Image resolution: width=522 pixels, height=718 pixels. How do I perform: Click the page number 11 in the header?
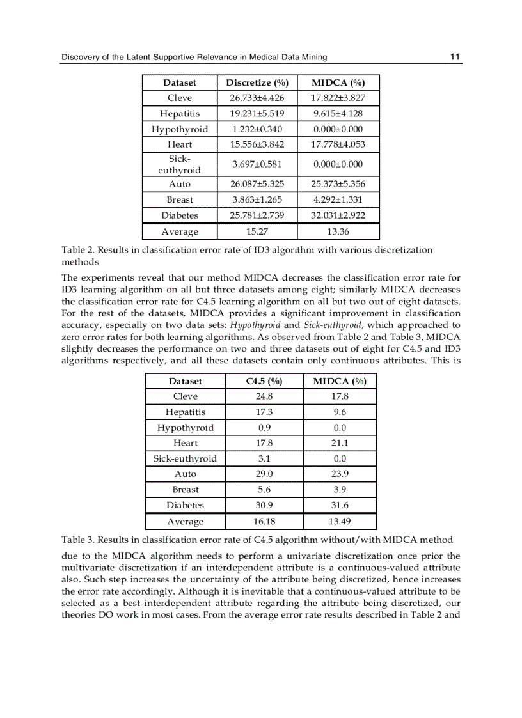tap(455, 57)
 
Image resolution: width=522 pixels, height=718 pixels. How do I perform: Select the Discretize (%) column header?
tap(257, 82)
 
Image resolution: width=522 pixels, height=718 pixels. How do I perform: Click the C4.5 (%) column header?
tap(264, 381)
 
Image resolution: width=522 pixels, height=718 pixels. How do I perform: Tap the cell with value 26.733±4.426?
tap(257, 98)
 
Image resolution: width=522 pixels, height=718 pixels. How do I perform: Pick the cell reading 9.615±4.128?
tap(338, 114)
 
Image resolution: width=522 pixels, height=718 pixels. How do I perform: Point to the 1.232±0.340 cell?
tap(257, 129)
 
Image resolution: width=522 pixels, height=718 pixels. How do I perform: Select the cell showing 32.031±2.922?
tap(338, 215)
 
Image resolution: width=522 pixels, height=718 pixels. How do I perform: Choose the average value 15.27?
tap(257, 231)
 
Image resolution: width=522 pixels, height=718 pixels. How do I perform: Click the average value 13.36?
tap(338, 231)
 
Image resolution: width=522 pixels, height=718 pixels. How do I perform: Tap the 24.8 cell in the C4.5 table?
tap(264, 396)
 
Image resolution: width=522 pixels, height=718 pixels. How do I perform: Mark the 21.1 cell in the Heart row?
tap(340, 442)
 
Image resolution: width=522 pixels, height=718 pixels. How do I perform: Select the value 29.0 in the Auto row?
tap(264, 474)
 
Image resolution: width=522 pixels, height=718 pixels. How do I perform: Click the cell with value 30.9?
tap(264, 505)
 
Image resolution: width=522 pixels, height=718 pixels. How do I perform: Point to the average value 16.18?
tap(264, 522)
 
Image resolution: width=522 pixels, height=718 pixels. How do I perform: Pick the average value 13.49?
tap(340, 522)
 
